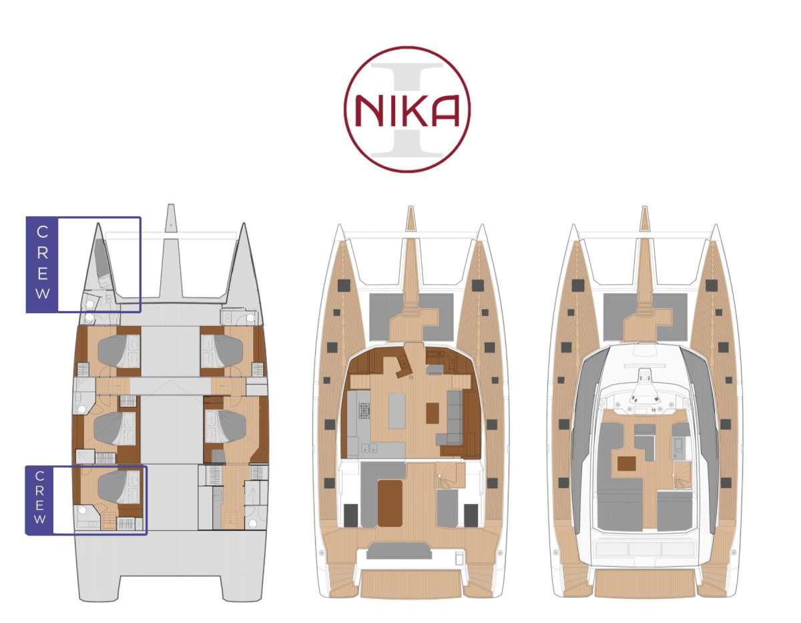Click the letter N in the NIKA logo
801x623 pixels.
368,111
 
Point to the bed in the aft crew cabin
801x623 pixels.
118,487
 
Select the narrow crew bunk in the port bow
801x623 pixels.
99,257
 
